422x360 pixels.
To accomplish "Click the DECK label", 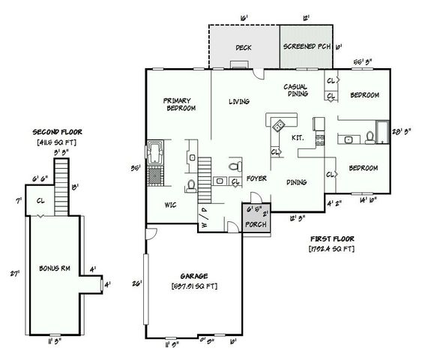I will tap(243, 48).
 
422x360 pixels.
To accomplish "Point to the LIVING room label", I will tap(239, 101).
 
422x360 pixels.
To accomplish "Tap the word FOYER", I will tap(257, 180).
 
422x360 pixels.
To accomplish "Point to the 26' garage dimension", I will tap(135, 283).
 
